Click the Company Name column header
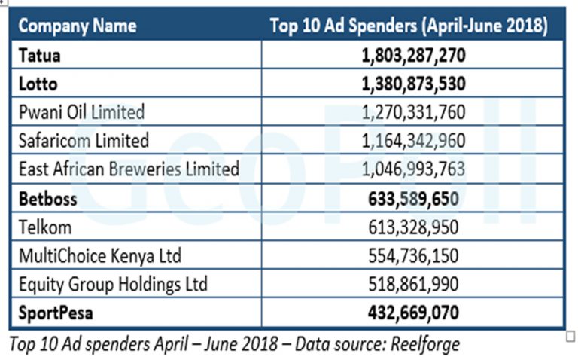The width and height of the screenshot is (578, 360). pos(78,26)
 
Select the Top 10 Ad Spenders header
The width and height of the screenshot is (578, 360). pos(409,26)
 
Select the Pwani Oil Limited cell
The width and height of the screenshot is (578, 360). pos(81,112)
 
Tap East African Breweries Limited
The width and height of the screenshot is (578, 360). pos(129,169)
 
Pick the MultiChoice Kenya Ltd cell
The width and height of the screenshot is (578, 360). pos(99,255)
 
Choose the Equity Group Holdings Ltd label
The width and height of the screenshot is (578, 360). pos(112,284)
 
